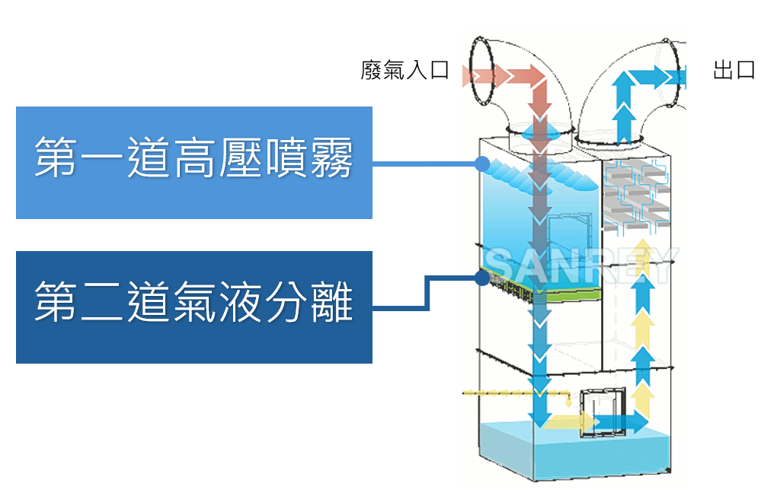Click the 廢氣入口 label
405,72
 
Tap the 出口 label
734,72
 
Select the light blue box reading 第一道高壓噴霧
194,162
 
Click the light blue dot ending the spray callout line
481,163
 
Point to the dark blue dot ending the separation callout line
481,278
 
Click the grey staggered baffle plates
636,196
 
